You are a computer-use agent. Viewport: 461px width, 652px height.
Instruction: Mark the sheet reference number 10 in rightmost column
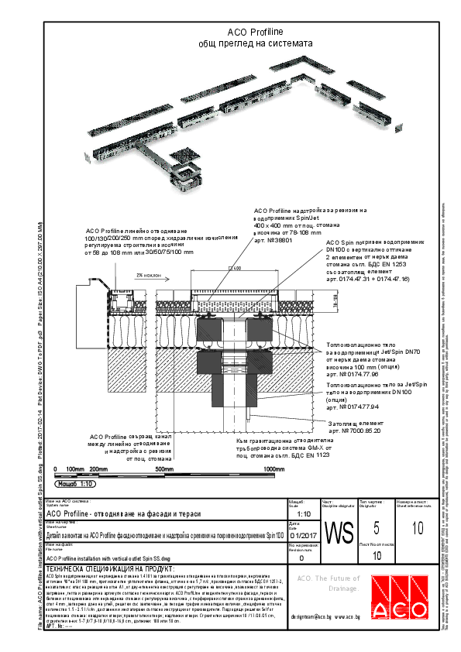pos(418,529)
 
